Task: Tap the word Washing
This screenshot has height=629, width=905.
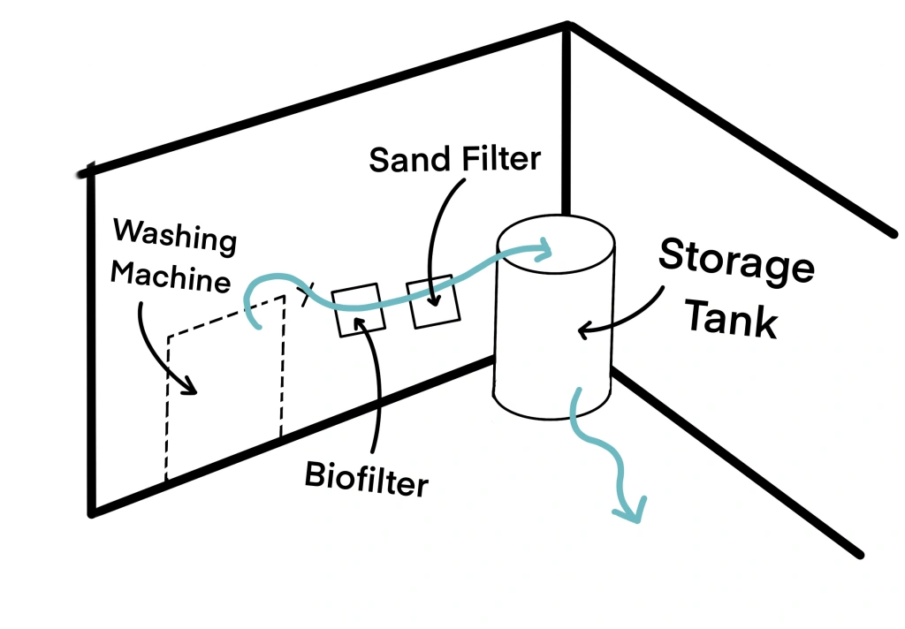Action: tap(175, 236)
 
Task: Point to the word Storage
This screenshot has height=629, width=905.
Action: tap(736, 261)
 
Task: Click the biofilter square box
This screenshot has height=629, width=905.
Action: tap(359, 308)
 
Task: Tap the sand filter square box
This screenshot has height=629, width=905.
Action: tap(432, 302)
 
